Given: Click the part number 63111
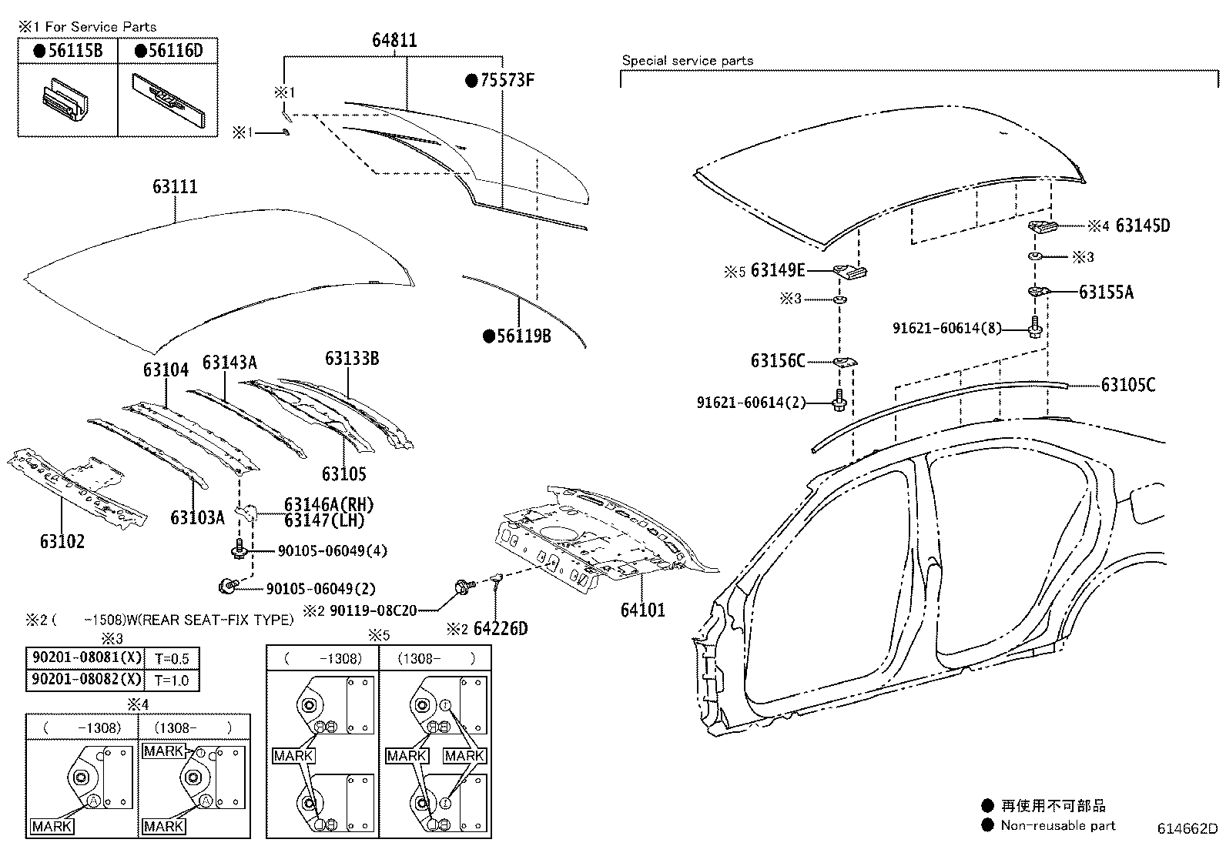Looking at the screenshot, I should tap(175, 187).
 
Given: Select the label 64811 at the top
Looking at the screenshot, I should tap(394, 40).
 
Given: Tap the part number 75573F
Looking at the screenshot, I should tap(506, 80).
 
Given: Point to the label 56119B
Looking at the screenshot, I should tap(524, 336).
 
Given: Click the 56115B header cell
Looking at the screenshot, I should tap(68, 51).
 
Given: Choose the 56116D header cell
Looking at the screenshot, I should tap(168, 51).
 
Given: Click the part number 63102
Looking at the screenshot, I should tap(62, 540).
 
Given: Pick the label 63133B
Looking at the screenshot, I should tap(351, 358).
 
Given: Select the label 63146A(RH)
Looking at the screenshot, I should tap(328, 504).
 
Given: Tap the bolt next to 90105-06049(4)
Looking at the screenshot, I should tap(238, 550).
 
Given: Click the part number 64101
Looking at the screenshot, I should tap(642, 610).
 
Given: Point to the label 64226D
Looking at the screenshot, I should tap(501, 628).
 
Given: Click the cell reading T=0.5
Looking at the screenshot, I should tap(171, 658).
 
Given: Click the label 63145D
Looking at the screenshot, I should tap(1142, 226).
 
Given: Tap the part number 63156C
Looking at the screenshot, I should tap(778, 360).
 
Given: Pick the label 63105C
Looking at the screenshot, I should tap(1127, 385).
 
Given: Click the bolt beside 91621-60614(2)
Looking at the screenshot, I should tap(839, 401).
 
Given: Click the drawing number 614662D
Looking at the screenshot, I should tap(1187, 829).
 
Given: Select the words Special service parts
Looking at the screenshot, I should tap(687, 60).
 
